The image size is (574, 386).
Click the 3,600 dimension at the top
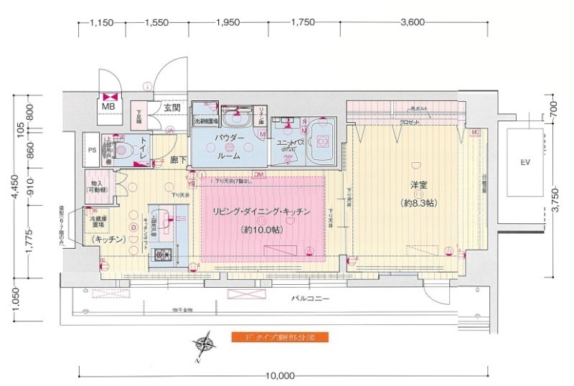pos(412,22)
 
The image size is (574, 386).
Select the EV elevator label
pos(525,163)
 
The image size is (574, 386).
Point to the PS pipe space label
pos(92,151)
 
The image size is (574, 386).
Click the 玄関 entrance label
pos(171,108)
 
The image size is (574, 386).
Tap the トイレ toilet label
pos(145,142)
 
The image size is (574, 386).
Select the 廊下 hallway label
pos(179,160)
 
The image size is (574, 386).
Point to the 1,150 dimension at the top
pos(102,22)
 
